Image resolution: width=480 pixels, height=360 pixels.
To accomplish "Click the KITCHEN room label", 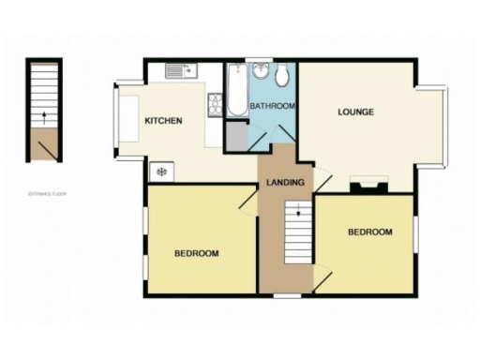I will pyautogui.click(x=162, y=120).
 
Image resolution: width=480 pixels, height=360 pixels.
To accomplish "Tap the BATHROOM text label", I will pyautogui.click(x=274, y=106).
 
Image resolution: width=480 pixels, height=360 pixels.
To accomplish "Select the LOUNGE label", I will pyautogui.click(x=356, y=112).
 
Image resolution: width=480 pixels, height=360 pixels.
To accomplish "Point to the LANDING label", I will pyautogui.click(x=285, y=182).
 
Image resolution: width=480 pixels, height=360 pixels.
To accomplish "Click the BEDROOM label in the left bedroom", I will pyautogui.click(x=197, y=253).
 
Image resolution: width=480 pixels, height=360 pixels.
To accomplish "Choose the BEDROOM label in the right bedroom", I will pyautogui.click(x=369, y=232).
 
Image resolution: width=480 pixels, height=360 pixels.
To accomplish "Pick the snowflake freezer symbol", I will pyautogui.click(x=161, y=172).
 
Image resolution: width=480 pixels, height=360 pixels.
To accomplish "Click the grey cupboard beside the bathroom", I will pyautogui.click(x=235, y=139).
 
